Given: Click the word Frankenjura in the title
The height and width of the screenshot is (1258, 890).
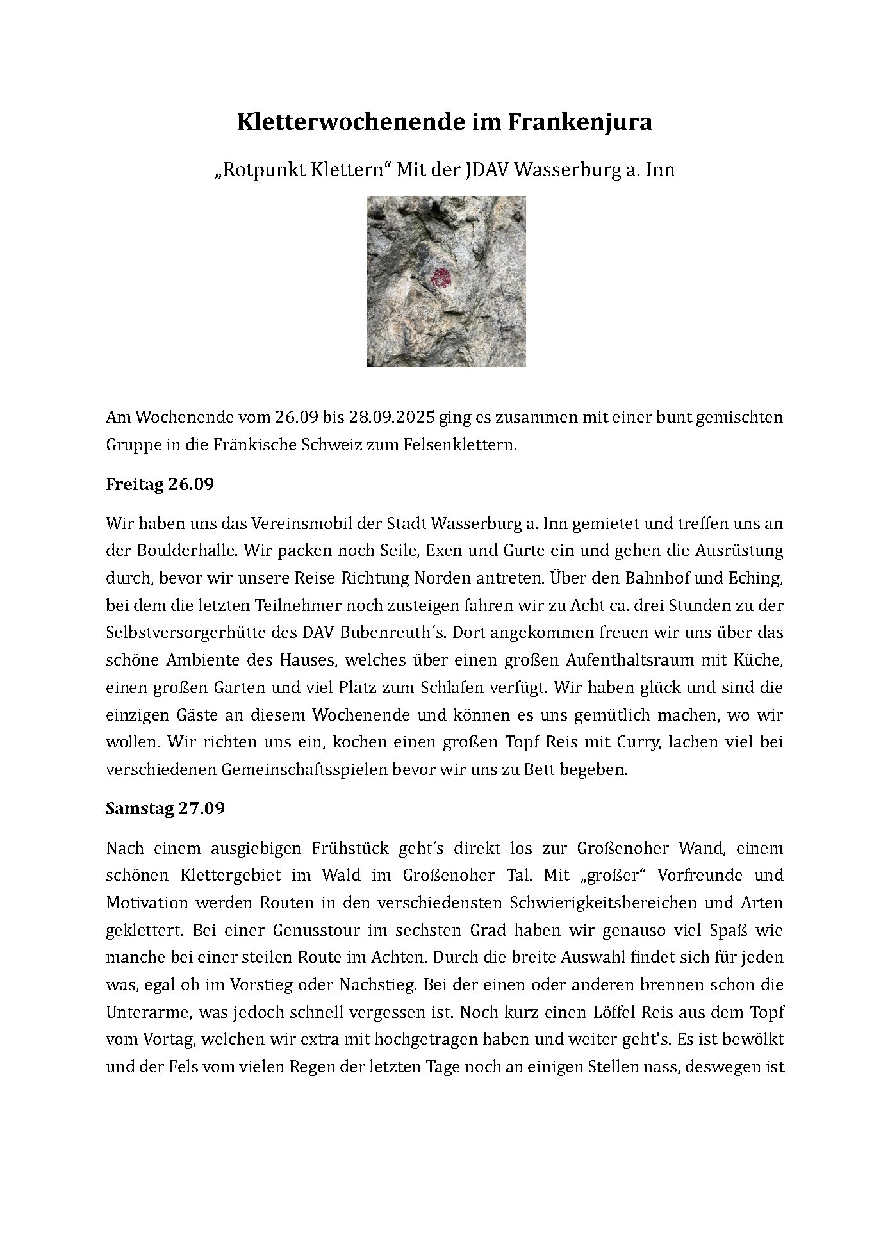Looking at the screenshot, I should coord(580,122).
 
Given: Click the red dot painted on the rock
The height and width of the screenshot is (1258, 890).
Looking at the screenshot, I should coord(441,278).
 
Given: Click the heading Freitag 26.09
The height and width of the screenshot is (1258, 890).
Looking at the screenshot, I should coord(160,484).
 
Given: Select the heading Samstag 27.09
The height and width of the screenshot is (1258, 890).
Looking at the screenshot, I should coord(165,808).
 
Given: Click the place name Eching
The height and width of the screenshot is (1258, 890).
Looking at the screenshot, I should coord(754,578).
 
